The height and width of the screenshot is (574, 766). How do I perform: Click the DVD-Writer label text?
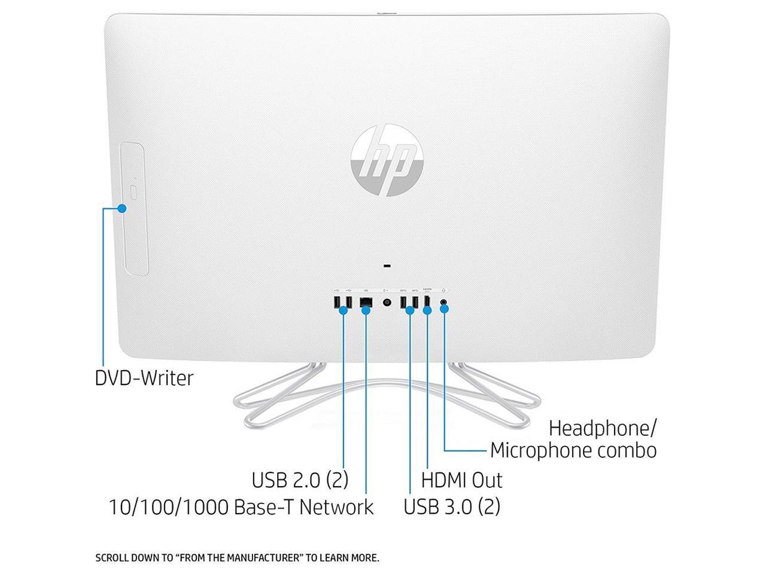[x=144, y=378]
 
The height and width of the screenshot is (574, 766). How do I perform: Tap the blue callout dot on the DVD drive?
[x=122, y=209]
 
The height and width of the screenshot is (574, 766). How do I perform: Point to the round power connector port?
[x=387, y=303]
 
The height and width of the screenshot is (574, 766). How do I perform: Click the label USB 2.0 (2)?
[x=300, y=480]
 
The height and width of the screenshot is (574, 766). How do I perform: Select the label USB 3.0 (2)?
[x=452, y=506]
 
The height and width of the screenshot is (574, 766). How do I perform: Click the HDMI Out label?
[x=461, y=480]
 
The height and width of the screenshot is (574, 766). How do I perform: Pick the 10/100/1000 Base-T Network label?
[x=241, y=507]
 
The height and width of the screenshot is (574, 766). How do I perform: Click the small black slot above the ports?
[x=387, y=266]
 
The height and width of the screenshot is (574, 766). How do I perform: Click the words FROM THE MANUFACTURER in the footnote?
[x=239, y=558]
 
